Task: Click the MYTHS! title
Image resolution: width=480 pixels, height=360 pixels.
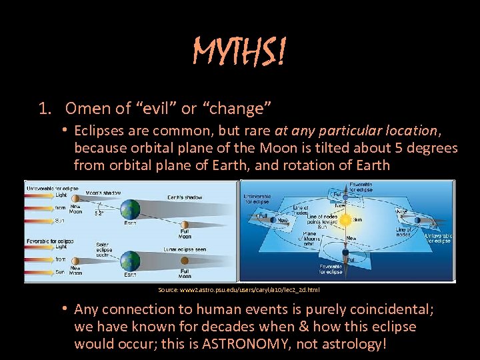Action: [239, 52]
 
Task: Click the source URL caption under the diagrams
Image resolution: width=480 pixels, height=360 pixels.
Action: [239, 290]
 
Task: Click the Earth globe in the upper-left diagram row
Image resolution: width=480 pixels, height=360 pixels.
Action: [131, 209]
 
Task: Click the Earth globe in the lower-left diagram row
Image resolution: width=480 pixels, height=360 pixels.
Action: [131, 261]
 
